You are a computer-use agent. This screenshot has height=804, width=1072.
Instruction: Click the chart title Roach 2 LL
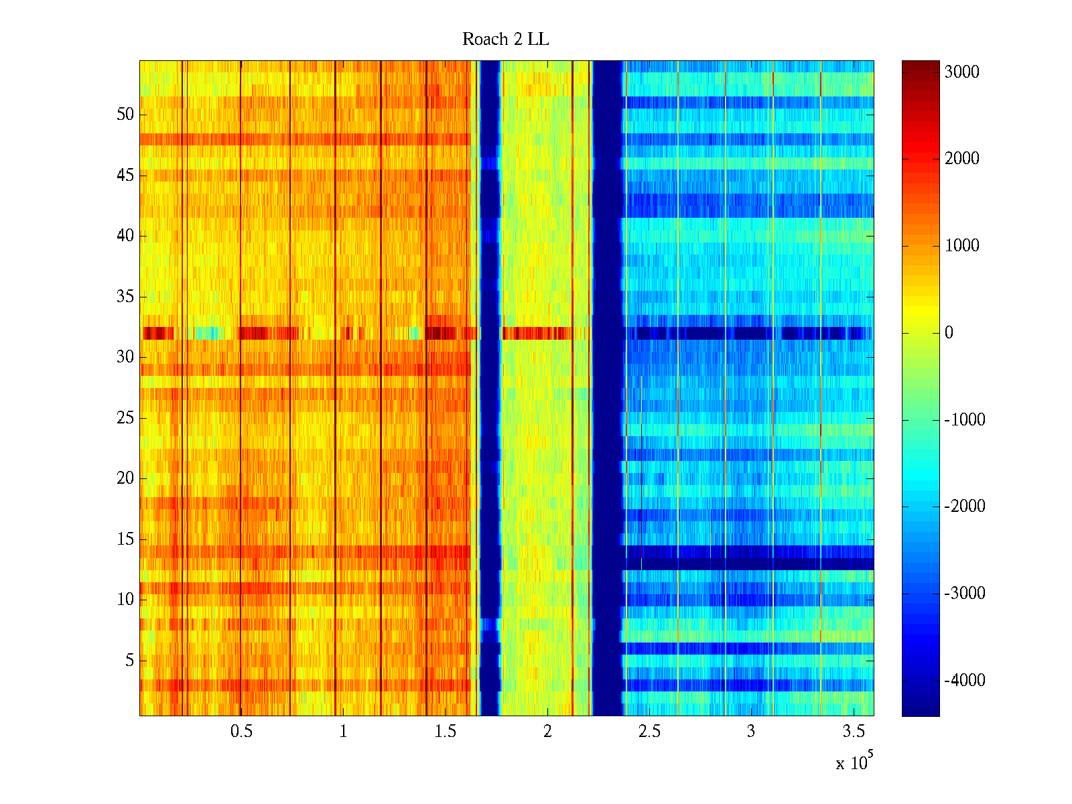click(505, 40)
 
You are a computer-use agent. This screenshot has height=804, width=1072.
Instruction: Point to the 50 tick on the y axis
click(125, 114)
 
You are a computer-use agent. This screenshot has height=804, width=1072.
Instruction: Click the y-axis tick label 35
click(125, 296)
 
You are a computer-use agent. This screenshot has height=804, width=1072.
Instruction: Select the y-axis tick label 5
click(129, 661)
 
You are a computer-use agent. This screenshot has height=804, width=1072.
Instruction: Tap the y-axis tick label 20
click(125, 478)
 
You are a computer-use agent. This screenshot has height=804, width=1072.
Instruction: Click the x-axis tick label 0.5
click(241, 732)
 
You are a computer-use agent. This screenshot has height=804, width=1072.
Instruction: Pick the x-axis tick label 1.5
click(445, 732)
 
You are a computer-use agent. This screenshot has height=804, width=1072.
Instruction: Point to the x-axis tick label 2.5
click(649, 732)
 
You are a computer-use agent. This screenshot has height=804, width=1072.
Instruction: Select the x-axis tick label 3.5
click(853, 732)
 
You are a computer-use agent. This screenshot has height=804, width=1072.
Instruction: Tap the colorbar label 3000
click(961, 72)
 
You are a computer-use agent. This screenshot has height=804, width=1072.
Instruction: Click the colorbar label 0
click(949, 333)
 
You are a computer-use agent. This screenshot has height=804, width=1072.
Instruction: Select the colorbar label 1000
click(961, 246)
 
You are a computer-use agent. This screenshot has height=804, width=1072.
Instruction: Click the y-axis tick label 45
click(125, 175)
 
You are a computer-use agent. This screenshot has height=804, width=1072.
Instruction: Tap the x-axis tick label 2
click(547, 732)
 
